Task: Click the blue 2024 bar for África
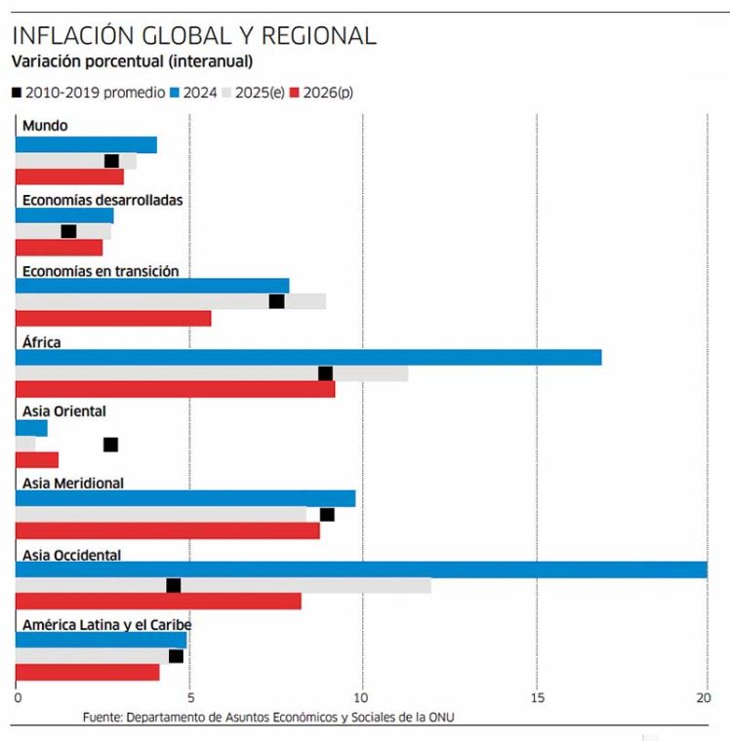[x=308, y=357]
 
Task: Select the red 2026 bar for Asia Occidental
[x=158, y=602]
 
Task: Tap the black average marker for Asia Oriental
[x=110, y=445]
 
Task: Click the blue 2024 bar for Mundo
[x=86, y=145]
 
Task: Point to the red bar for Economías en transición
[x=113, y=318]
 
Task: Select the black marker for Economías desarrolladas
[x=68, y=231]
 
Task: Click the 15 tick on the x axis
[x=535, y=698]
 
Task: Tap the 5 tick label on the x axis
[x=189, y=698]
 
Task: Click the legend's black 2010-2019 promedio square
[x=17, y=94]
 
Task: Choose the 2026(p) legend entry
[x=326, y=94]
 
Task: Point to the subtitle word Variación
[x=44, y=61]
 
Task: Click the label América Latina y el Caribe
[x=106, y=625]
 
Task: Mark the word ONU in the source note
[x=442, y=718]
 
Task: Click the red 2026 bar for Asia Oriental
[x=37, y=460]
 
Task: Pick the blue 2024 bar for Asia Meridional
[x=185, y=498]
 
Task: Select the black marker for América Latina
[x=176, y=656]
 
